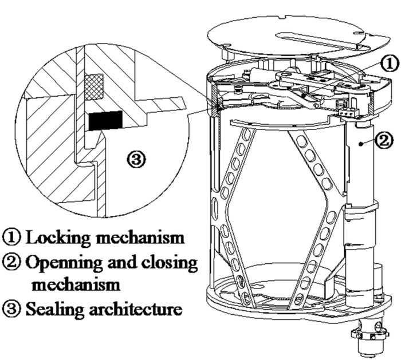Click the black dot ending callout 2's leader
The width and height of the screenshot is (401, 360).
point(360,145)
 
